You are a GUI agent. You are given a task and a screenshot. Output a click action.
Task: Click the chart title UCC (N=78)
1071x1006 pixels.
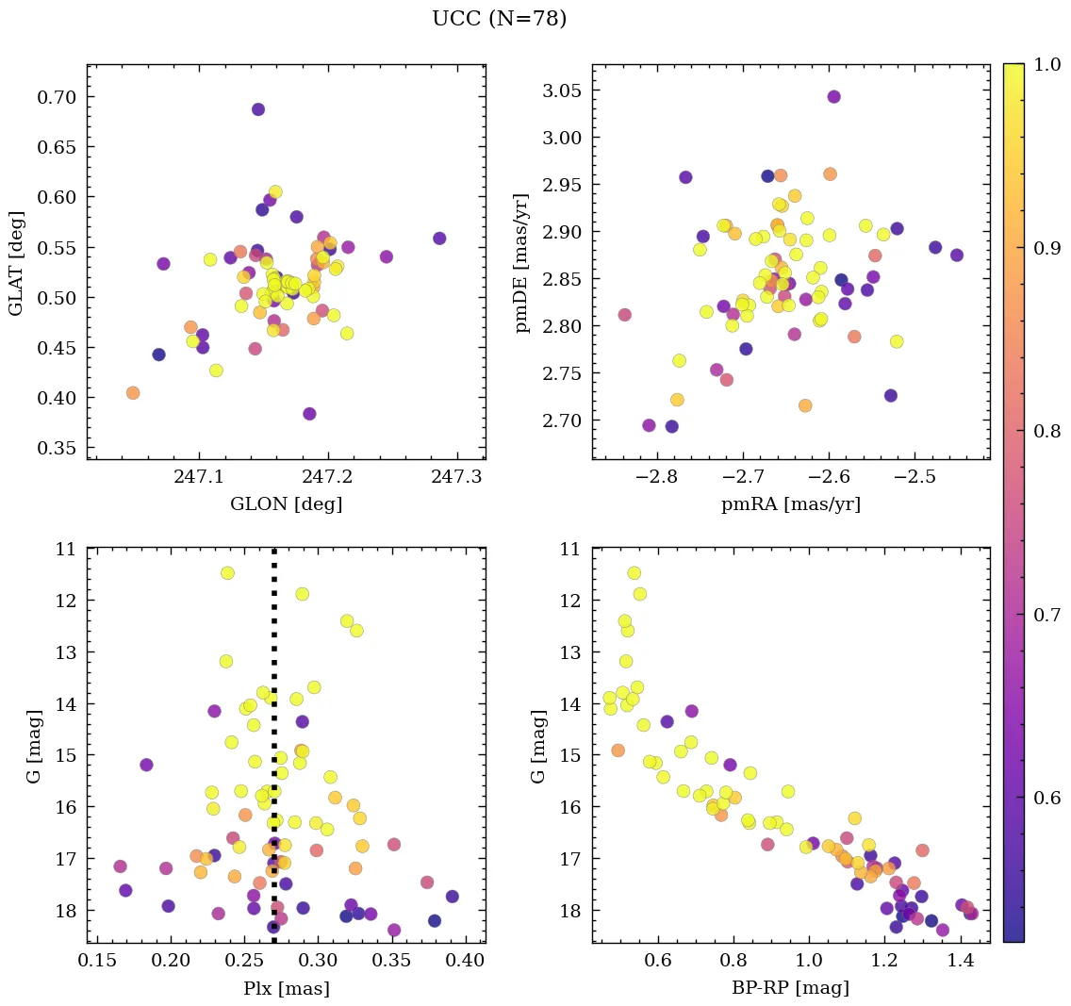(499, 19)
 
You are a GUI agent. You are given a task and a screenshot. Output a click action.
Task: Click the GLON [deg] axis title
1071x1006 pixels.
(286, 504)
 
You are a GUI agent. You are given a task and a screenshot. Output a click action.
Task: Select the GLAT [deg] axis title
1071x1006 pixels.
(16, 262)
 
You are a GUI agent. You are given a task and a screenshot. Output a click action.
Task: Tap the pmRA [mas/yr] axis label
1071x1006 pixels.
(790, 504)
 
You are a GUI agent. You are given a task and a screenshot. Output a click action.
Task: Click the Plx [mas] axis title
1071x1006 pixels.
(286, 989)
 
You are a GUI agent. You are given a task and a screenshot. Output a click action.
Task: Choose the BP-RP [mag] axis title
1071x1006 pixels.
(790, 989)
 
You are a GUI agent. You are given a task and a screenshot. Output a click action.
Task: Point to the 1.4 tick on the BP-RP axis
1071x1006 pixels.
(960, 962)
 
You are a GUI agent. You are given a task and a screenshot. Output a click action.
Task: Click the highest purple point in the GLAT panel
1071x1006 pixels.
(257, 109)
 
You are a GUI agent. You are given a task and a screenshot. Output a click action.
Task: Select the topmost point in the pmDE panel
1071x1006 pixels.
(833, 96)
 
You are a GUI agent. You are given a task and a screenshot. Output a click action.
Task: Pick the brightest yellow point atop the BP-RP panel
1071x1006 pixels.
(634, 573)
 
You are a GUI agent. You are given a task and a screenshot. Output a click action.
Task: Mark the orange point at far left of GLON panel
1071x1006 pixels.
(133, 393)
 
